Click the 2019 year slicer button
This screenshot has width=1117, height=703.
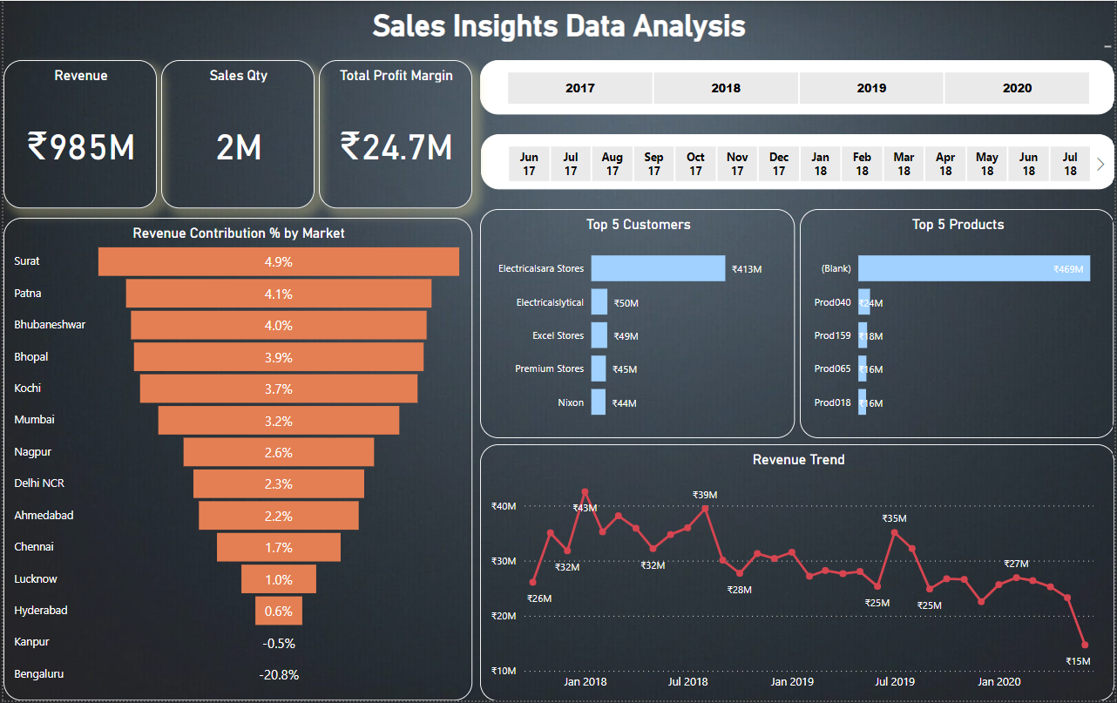[x=871, y=88]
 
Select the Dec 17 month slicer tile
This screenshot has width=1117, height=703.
[x=779, y=164]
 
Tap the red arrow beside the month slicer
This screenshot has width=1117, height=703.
[x=1100, y=164]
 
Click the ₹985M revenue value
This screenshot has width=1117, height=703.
[x=81, y=147]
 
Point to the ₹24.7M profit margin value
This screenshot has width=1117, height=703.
[x=396, y=147]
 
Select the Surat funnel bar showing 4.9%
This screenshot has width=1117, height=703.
[x=279, y=261]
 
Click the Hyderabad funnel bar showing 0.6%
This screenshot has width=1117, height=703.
[x=279, y=611]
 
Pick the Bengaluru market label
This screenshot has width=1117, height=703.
[x=39, y=673]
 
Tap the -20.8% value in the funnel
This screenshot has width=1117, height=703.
[x=279, y=674]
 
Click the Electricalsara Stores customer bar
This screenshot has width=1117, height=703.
[x=658, y=268]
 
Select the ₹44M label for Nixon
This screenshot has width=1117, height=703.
[x=625, y=403]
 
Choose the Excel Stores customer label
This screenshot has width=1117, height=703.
[x=558, y=335]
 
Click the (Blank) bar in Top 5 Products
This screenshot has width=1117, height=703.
[x=973, y=268]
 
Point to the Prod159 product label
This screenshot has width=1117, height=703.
[x=832, y=335]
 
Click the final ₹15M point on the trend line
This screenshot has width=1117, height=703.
[x=1085, y=645]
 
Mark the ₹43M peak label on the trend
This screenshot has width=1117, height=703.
[x=585, y=508]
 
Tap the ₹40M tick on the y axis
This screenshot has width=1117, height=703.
[x=504, y=506]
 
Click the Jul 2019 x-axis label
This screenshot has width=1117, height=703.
[x=895, y=681]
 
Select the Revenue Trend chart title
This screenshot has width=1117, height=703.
[x=798, y=459]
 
